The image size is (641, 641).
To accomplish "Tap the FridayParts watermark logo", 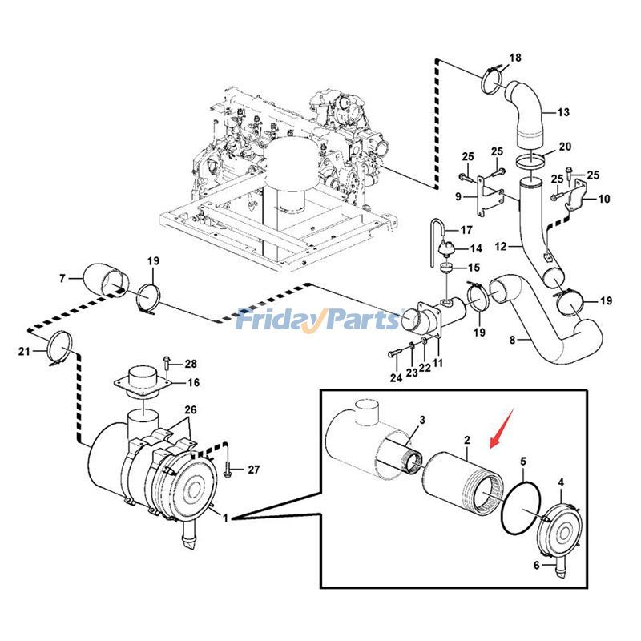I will (x=319, y=320).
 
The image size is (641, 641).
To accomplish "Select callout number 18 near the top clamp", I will (x=515, y=58).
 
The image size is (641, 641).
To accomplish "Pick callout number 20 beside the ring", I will (x=565, y=147).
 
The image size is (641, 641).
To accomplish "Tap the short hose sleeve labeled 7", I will (x=106, y=280).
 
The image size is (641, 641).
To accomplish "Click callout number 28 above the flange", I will (x=191, y=365).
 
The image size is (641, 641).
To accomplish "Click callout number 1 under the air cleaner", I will (x=226, y=518).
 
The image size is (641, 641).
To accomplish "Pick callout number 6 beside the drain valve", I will (x=537, y=565).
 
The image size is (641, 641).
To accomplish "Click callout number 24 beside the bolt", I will (x=394, y=377).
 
